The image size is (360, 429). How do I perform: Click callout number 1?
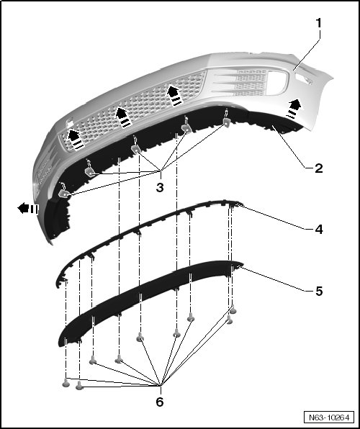click(x=318, y=23)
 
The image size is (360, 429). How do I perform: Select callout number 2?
click(x=319, y=168)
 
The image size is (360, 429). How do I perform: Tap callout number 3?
click(x=160, y=187)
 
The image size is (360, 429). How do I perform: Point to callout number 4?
click(x=319, y=230)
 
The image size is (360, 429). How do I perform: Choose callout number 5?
click(x=319, y=291)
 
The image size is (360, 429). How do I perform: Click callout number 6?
click(x=160, y=402)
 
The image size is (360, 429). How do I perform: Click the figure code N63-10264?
click(x=329, y=417)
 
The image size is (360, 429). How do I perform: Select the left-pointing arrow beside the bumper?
click(x=27, y=209)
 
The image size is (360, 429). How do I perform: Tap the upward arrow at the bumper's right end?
click(x=294, y=109)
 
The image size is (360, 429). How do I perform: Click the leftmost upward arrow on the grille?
click(x=76, y=140)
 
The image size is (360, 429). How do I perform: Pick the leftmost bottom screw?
click(x=66, y=382)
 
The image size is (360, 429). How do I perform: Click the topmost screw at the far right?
click(x=233, y=310)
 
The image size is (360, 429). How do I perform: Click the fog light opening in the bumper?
click(x=276, y=82)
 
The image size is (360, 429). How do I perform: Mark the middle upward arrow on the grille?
click(x=124, y=117)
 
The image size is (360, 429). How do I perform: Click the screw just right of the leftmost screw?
click(x=79, y=385)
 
